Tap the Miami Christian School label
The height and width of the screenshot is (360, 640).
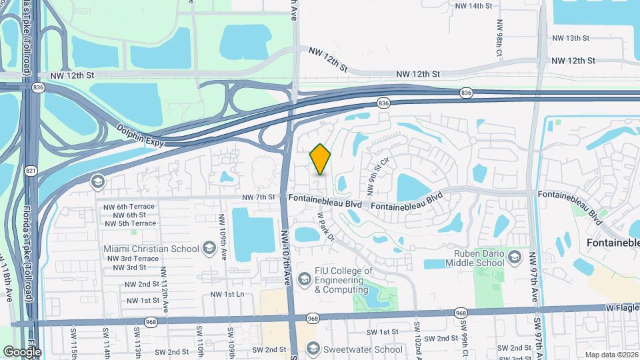point(151,249)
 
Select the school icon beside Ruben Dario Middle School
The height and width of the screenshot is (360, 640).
point(514,257)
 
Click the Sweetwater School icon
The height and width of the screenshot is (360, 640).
point(313,349)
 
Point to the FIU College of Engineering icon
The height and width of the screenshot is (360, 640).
point(304,277)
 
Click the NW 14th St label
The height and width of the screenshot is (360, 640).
point(473,6)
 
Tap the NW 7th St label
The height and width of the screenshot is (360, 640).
point(259,197)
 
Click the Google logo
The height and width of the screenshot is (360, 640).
point(22,351)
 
